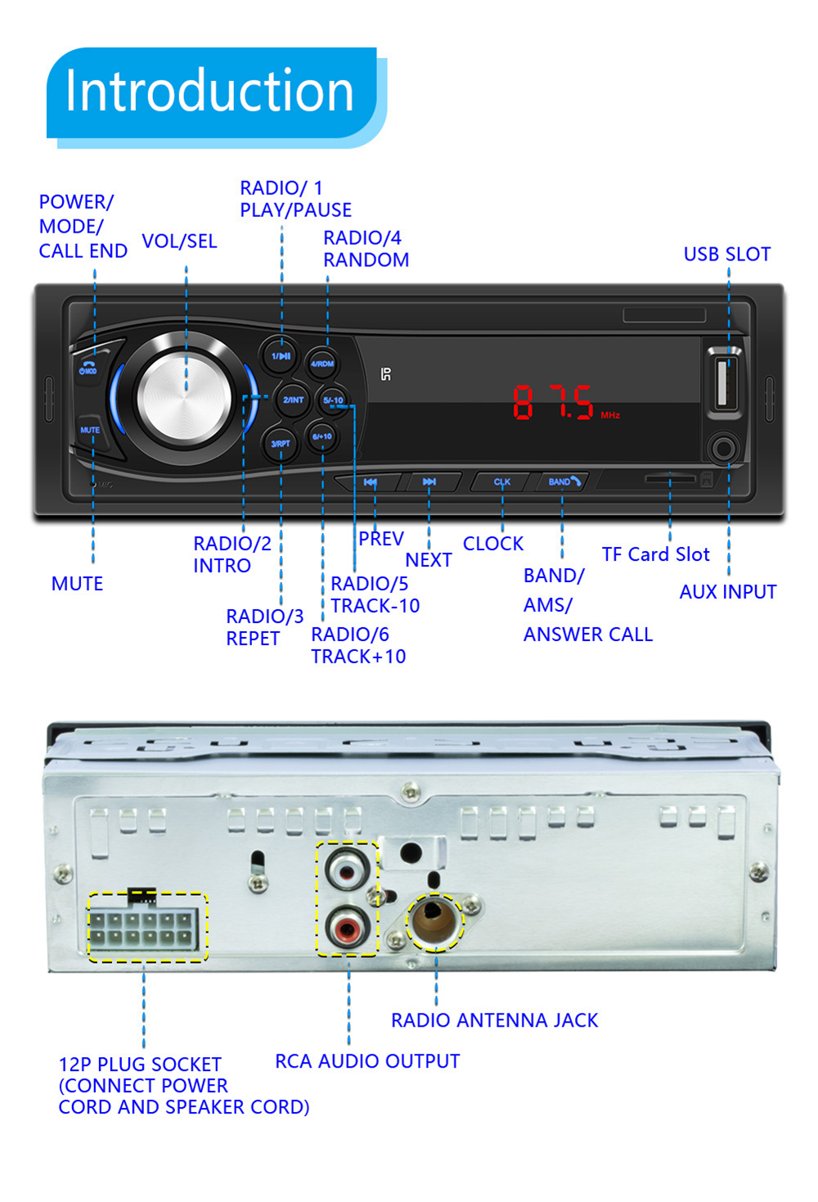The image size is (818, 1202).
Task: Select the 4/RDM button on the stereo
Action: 322,363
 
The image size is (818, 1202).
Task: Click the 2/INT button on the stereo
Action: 293,400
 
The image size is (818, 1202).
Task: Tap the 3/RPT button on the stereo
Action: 280,443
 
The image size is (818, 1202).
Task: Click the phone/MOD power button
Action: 88,368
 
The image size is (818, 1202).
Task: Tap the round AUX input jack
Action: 724,449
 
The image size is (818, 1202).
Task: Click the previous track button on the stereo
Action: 371,482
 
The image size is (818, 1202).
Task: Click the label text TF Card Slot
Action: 655,554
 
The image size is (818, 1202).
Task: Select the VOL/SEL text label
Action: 179,242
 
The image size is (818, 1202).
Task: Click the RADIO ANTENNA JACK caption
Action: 494,1020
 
